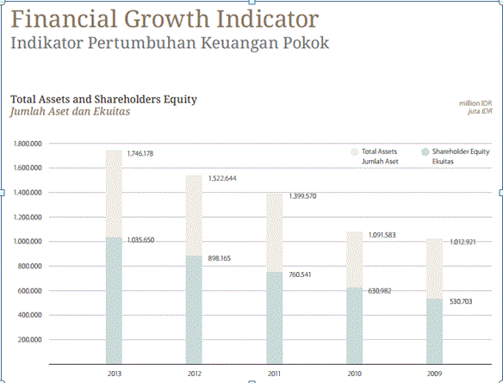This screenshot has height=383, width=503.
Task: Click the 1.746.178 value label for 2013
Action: pyautogui.click(x=140, y=153)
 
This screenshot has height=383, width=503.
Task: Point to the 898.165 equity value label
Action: pyautogui.click(x=219, y=258)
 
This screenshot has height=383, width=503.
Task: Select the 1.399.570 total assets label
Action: pyautogui.click(x=302, y=196)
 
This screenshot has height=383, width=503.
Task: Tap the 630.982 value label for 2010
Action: pyautogui.click(x=380, y=291)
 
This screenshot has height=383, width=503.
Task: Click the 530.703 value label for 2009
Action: pyautogui.click(x=461, y=301)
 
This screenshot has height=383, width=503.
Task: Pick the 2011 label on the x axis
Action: pyautogui.click(x=274, y=374)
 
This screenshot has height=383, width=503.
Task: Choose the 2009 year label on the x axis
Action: pyautogui.click(x=434, y=374)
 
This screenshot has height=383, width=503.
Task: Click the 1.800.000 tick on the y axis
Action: pyautogui.click(x=28, y=144)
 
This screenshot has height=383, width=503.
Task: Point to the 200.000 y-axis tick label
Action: pyautogui.click(x=30, y=340)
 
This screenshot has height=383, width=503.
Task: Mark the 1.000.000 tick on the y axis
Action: pyautogui.click(x=28, y=241)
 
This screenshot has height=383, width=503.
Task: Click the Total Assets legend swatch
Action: pyautogui.click(x=355, y=152)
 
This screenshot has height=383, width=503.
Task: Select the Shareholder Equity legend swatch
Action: pyautogui.click(x=425, y=152)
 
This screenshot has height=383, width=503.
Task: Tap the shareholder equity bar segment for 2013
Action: pyautogui.click(x=114, y=300)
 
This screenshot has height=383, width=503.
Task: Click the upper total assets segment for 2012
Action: pyautogui.click(x=194, y=216)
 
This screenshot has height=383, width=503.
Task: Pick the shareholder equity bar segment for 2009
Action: pyautogui.click(x=434, y=331)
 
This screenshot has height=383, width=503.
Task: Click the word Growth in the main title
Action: pyautogui.click(x=167, y=19)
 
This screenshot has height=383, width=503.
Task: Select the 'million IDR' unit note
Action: pyautogui.click(x=475, y=103)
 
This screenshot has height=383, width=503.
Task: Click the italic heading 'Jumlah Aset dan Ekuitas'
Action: pyautogui.click(x=71, y=112)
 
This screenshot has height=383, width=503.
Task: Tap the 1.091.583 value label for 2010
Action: pyautogui.click(x=382, y=235)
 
